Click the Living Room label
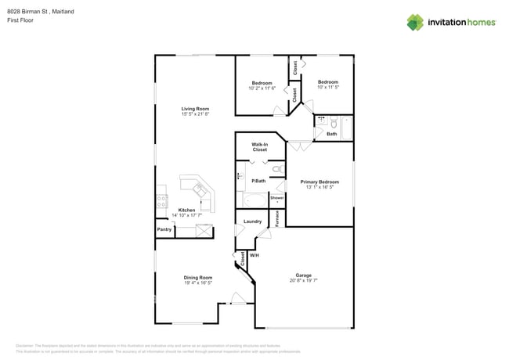(196, 109)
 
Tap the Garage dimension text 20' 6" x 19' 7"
(303, 280)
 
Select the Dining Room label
(198, 277)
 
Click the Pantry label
(164, 229)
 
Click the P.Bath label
(258, 182)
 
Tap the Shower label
(276, 198)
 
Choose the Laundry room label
(252, 221)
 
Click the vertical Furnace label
(276, 218)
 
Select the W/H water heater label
(254, 255)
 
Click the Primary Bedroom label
(319, 182)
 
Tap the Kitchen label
(186, 210)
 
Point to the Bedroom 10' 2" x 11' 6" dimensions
(262, 88)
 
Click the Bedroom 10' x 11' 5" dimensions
(327, 87)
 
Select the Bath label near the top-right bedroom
(332, 134)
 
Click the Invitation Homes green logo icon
(415, 22)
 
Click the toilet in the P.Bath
(276, 168)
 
